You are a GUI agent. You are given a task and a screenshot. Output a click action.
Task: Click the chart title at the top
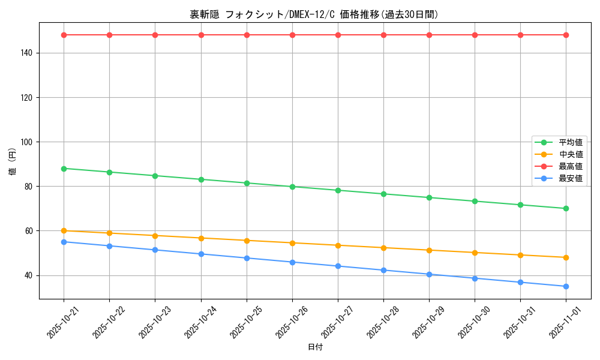tap(314, 14)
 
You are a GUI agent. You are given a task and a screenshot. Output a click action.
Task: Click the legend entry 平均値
tap(570, 143)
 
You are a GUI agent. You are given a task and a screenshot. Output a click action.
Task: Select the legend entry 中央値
tap(570, 154)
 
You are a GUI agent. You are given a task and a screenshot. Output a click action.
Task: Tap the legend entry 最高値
tap(570, 166)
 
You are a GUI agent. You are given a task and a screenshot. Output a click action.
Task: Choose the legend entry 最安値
tap(570, 178)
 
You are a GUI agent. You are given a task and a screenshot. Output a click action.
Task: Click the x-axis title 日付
tap(315, 347)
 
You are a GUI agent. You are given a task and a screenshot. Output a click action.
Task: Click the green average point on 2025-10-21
tap(64, 168)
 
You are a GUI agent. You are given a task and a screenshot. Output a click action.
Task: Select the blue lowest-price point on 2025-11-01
tap(566, 286)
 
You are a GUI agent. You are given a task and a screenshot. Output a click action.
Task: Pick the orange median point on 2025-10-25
tap(247, 241)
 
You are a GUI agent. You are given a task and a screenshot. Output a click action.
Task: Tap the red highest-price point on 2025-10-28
tap(383, 35)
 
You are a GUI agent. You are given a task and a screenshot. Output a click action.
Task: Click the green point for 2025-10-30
tap(475, 201)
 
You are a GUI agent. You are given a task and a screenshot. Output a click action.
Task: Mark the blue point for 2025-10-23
tap(155, 250)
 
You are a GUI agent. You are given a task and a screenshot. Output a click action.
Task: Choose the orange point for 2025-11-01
tap(566, 257)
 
